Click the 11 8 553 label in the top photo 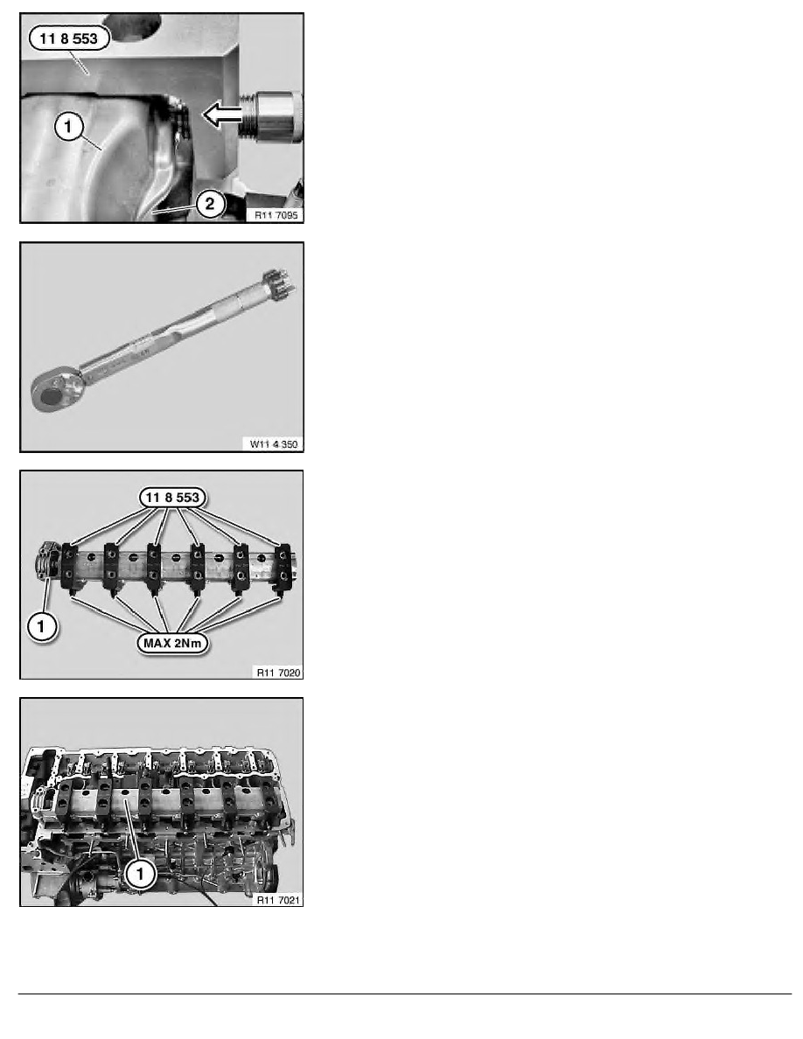69,38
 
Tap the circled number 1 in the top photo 69,126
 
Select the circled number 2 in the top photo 210,204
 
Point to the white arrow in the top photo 221,115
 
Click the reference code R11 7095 276,214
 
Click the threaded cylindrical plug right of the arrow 272,116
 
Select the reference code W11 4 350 274,444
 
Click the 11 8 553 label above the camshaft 172,498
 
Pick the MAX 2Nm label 172,643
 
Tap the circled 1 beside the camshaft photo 41,626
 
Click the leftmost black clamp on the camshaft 70,567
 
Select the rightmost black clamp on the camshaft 283,568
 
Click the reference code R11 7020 278,673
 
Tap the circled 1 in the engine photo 140,874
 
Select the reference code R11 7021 278,900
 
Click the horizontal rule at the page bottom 405,994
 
